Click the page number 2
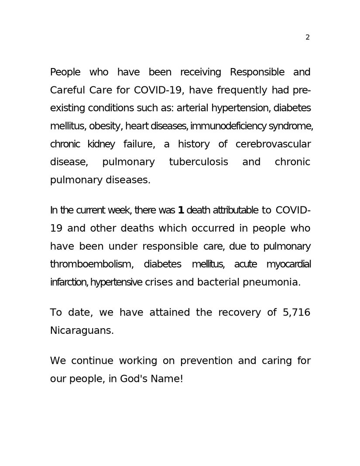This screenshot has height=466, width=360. pyautogui.click(x=307, y=38)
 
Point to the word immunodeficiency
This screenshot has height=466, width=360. pyautogui.click(x=228, y=127)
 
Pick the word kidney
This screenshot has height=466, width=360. pyautogui.click(x=101, y=144)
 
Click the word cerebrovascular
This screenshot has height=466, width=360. pyautogui.click(x=273, y=144)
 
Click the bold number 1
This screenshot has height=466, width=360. pyautogui.click(x=181, y=210)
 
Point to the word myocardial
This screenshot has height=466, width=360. pyautogui.click(x=288, y=264)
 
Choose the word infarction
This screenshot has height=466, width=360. pyautogui.click(x=69, y=282)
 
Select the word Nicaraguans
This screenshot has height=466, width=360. pyautogui.click(x=82, y=331)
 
